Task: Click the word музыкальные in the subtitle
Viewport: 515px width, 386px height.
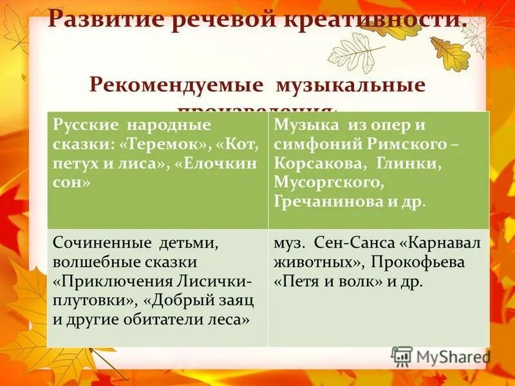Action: pos(351,85)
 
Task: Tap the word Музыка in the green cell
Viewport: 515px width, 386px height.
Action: pos(299,125)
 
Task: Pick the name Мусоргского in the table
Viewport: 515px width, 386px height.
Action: pos(328,182)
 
